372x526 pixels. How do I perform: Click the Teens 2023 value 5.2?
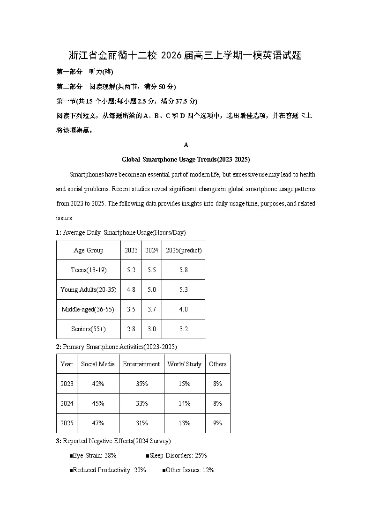tap(131, 270)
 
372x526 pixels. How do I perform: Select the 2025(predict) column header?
tap(184, 250)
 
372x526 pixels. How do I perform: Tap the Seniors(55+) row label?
tap(89, 329)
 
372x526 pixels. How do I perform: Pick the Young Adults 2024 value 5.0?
tap(151, 289)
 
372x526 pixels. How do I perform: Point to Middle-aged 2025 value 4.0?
tap(184, 309)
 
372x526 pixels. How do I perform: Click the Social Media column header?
tap(98, 364)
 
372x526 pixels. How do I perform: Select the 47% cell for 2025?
tap(98, 423)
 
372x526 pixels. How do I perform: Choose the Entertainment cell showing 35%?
tap(141, 384)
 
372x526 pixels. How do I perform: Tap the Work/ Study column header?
tap(185, 364)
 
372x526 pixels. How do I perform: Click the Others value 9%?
tap(218, 423)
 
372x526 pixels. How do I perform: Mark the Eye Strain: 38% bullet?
tap(93, 455)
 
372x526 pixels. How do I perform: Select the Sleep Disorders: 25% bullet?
tap(176, 455)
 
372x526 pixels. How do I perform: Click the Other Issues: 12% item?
tap(188, 470)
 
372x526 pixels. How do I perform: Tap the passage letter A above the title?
tap(186, 145)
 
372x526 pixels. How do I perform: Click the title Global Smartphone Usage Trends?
tap(186, 159)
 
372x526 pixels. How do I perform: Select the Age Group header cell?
tap(89, 250)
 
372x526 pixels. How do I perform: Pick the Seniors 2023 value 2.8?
tap(131, 329)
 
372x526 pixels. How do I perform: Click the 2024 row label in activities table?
tap(67, 403)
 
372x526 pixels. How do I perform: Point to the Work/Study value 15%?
tap(185, 384)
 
